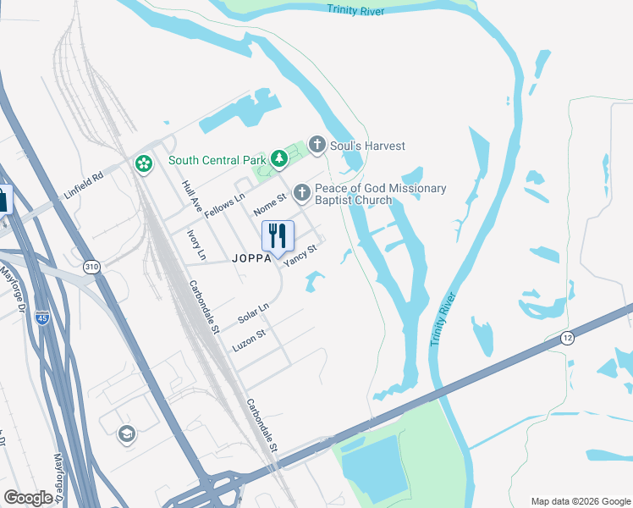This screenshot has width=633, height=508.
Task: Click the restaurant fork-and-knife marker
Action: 278,236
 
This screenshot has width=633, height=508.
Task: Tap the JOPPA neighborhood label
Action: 251,261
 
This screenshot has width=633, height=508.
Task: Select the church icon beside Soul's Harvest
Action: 317,146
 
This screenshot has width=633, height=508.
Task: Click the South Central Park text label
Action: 217,160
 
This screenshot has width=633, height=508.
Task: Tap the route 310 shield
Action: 91,267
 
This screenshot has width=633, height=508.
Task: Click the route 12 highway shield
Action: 567,338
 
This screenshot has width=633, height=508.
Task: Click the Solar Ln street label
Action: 253,312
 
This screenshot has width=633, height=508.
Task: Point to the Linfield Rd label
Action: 83,187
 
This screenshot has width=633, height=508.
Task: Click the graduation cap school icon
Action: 127,433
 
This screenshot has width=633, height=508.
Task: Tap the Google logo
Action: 29,497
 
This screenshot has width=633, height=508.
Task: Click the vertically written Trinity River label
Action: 443,319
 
